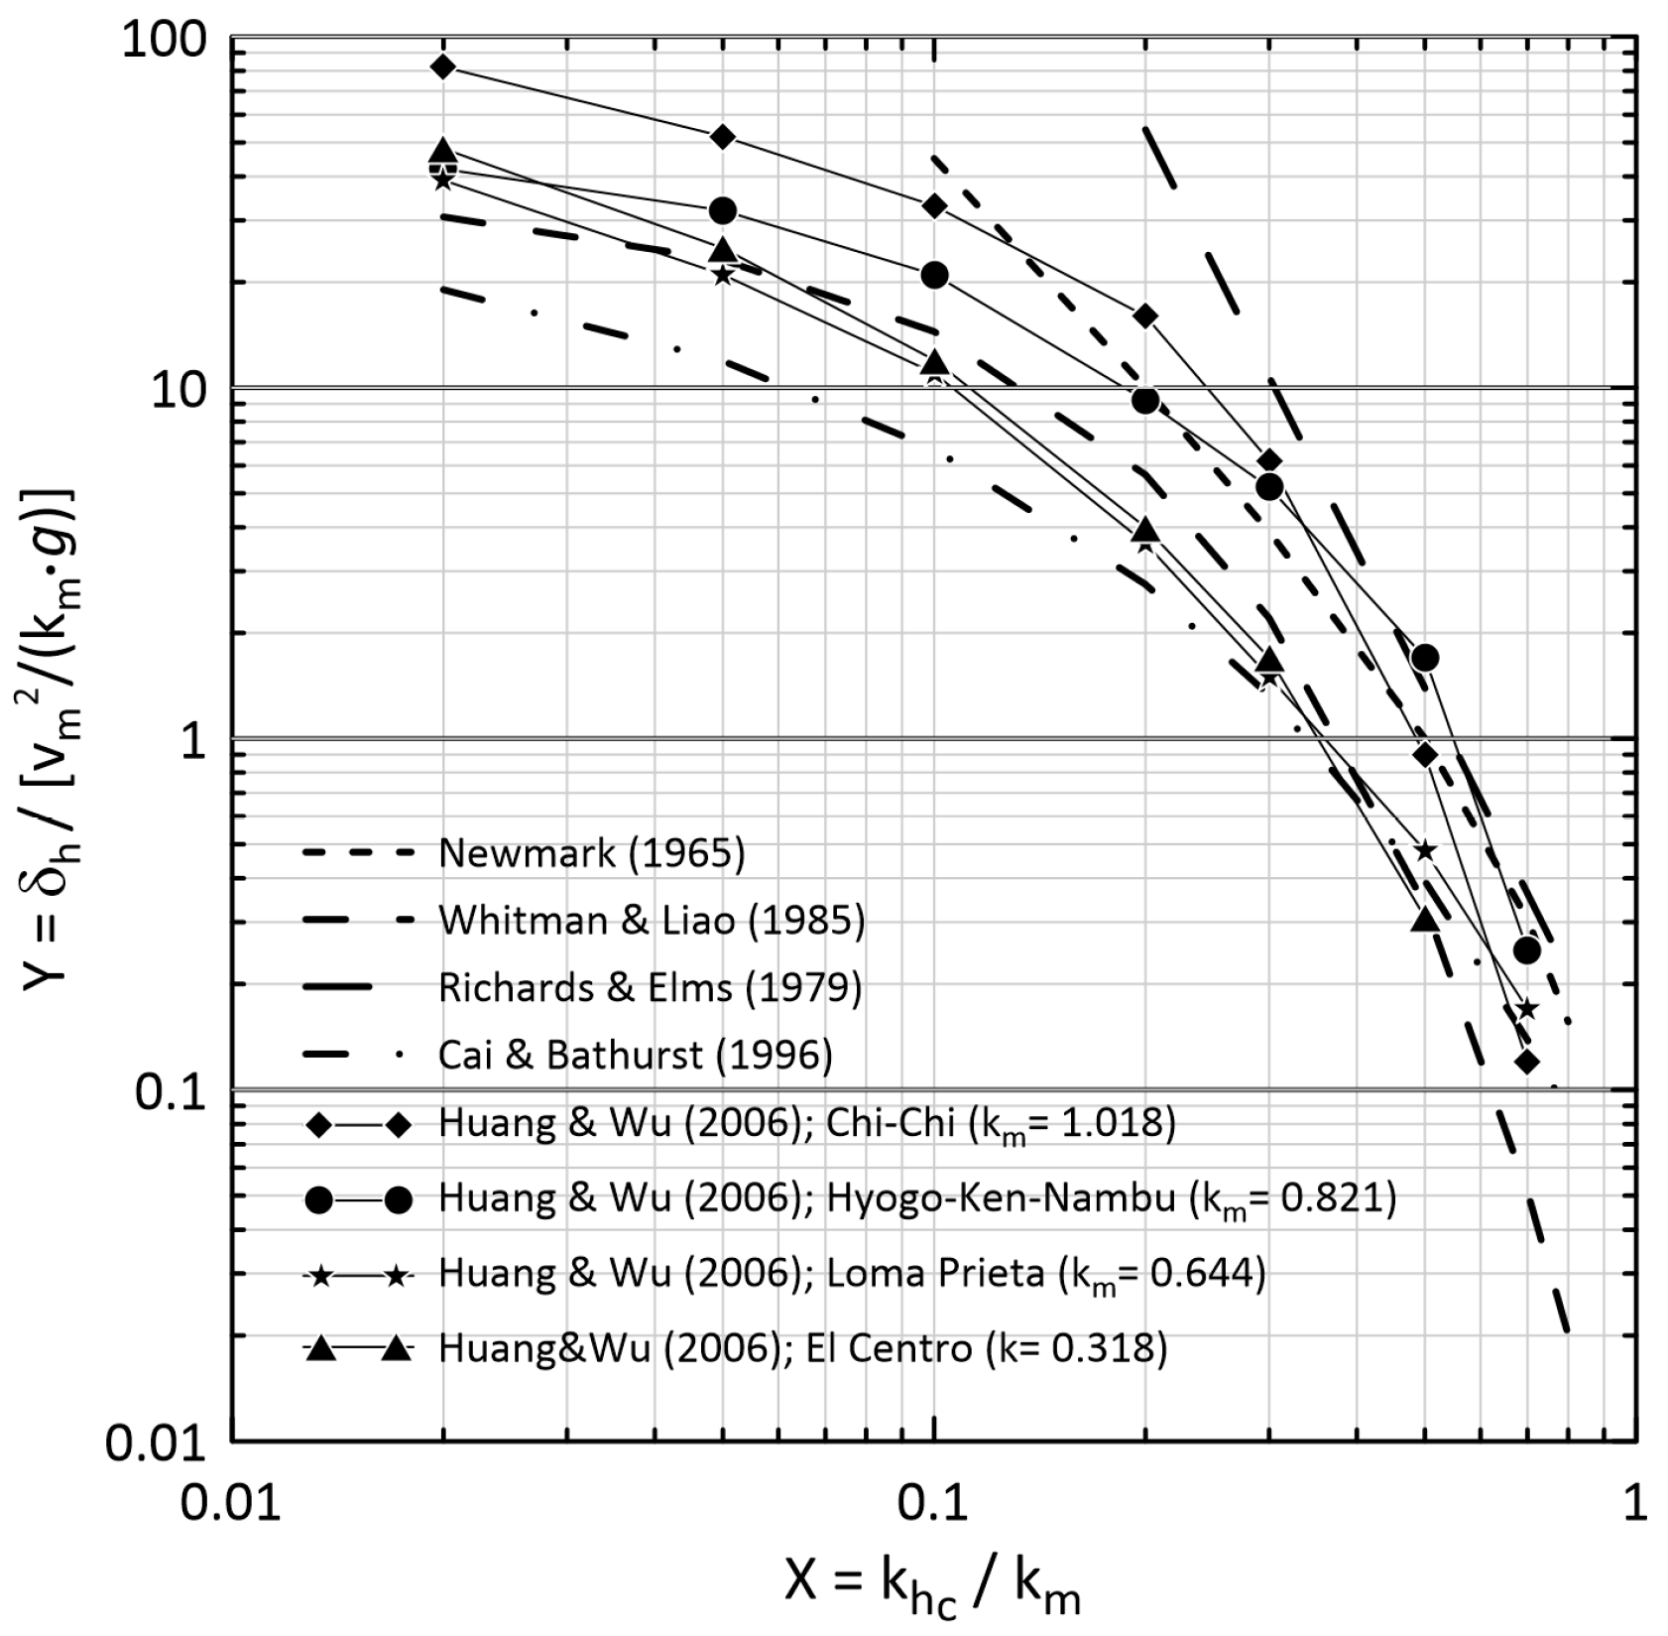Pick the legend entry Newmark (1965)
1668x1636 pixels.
(591, 853)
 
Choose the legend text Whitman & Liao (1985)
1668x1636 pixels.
(652, 921)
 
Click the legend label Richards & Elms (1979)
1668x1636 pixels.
(650, 988)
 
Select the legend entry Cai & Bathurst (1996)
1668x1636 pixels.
(635, 1055)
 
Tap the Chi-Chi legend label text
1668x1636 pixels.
(806, 1123)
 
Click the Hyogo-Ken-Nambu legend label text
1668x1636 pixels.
(916, 1198)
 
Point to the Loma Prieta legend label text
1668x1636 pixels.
(852, 1273)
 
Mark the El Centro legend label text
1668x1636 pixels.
(802, 1348)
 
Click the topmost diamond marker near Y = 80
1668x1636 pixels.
(443, 67)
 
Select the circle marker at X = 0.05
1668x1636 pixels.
(723, 210)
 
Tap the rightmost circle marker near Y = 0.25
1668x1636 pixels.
(1527, 950)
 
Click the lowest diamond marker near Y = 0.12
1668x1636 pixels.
(1527, 1062)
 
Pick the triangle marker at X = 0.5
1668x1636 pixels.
(1425, 920)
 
